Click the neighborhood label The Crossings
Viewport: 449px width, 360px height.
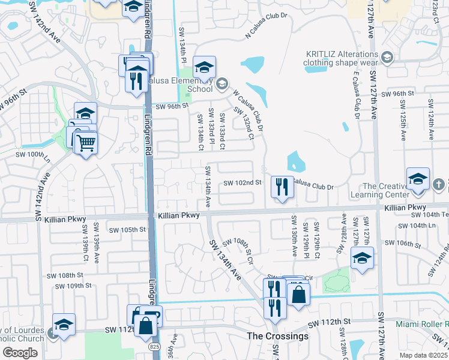click(x=279, y=336)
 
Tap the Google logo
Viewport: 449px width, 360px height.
click(x=20, y=353)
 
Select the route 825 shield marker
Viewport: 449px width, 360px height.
click(x=155, y=347)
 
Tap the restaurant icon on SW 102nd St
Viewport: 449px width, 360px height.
click(x=282, y=187)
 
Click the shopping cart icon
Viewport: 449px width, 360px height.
click(x=86, y=144)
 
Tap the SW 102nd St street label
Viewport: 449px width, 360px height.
click(x=243, y=183)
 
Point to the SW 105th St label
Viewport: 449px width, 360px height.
click(x=128, y=230)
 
